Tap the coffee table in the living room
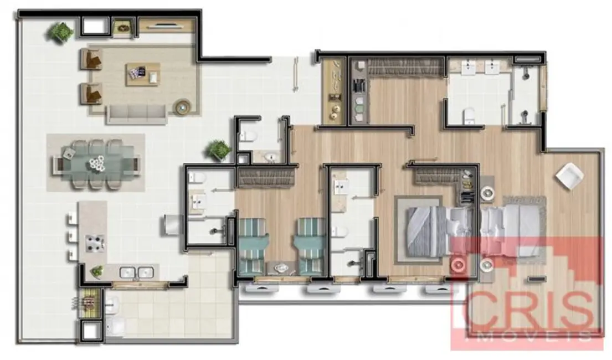(x=143, y=74)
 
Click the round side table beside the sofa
(x=181, y=106)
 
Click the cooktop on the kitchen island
(x=93, y=242)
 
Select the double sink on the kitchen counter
(x=136, y=272)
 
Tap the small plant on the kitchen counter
(x=97, y=271)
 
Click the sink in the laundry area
(x=112, y=303)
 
